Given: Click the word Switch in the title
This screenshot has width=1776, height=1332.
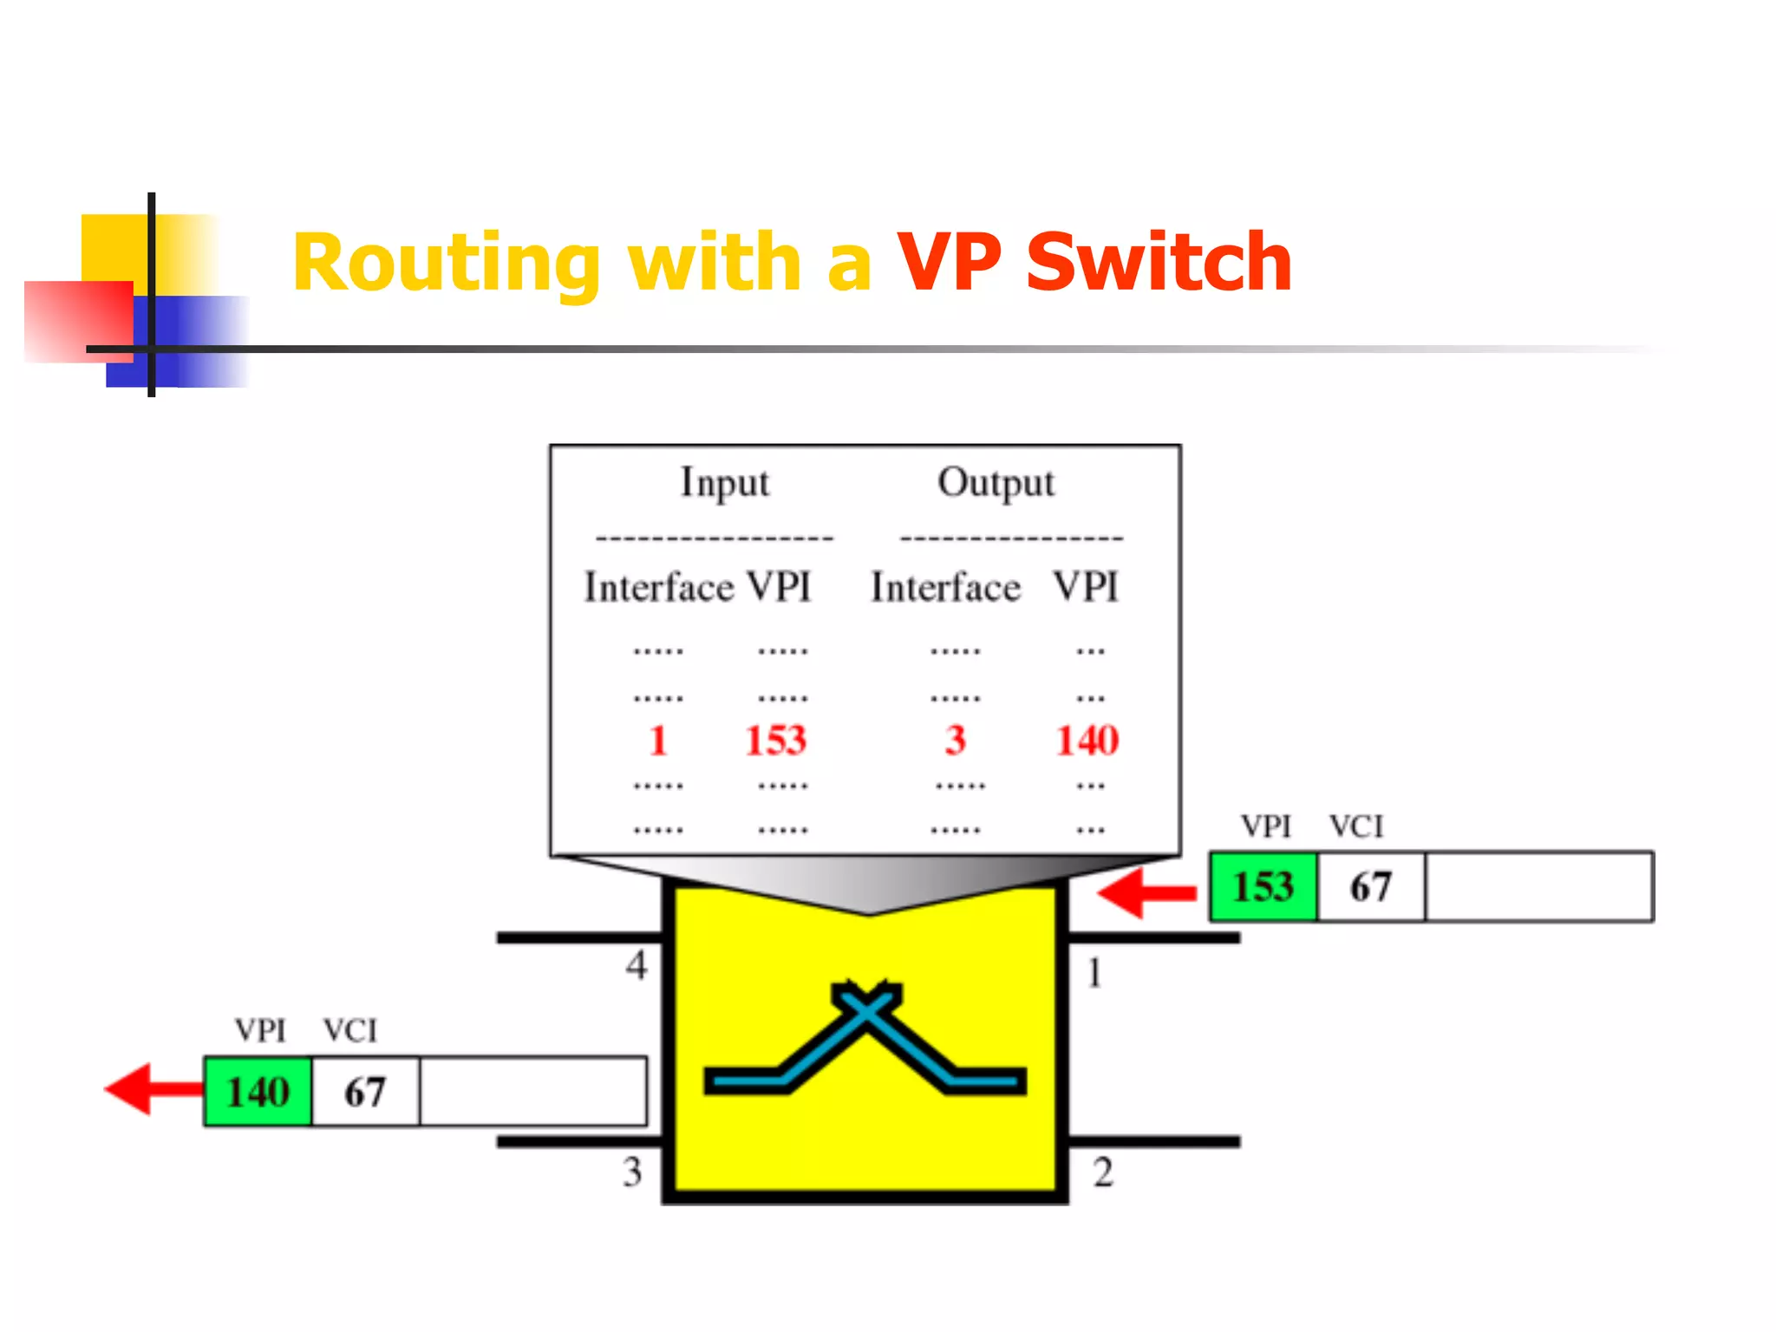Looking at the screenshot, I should coord(1159,263).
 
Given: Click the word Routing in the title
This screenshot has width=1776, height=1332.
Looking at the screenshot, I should coord(447,264).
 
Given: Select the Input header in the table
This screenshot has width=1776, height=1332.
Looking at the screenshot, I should coord(724,483).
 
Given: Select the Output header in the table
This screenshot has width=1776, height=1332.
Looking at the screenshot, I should coord(996,483).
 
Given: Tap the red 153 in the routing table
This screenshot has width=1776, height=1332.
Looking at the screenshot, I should coord(776,741).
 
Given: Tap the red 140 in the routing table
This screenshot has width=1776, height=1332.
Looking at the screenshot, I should coord(1087,741).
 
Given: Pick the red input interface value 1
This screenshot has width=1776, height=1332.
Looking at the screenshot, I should coord(658,741).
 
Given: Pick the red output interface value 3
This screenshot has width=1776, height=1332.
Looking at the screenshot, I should coord(955,741).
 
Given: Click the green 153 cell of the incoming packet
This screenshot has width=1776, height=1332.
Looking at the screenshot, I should coord(1263,886).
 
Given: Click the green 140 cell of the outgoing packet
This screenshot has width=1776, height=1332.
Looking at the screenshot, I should coord(258,1092).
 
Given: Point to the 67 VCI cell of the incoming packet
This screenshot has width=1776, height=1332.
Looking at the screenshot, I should coord(1370,886).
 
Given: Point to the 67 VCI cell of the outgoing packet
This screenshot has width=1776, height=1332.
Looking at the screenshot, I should coord(365,1092).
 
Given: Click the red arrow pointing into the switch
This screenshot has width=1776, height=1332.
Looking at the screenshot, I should coord(1145,892).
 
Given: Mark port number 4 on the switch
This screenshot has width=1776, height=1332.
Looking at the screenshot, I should coord(637,965).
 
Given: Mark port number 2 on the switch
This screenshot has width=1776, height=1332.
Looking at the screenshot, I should coord(1102,1172).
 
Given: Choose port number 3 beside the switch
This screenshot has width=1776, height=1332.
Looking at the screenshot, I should coord(632,1172).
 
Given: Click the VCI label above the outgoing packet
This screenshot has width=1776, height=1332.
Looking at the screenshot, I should coord(350,1031).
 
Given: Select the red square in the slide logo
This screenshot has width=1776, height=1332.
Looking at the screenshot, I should coord(78,321).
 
